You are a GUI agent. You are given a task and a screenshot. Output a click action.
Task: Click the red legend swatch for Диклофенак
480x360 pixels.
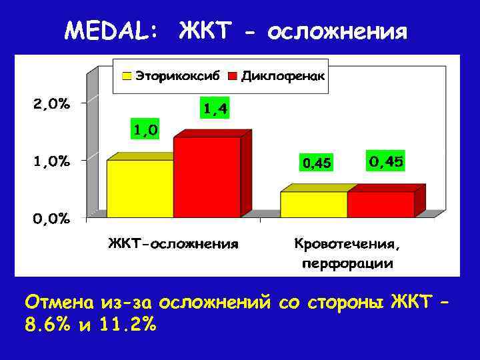tap(233, 76)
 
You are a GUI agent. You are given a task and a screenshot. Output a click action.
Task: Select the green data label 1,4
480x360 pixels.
tap(214, 108)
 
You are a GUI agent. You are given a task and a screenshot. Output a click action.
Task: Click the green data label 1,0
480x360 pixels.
tap(145, 130)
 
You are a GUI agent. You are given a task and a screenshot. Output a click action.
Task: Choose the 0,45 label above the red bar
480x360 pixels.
tap(385, 161)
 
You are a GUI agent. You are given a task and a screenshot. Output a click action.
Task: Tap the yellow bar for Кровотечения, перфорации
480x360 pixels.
tap(313, 204)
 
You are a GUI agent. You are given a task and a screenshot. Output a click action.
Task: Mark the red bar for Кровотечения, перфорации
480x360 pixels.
tap(380, 204)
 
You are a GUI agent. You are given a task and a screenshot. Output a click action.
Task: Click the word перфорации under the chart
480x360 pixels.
tap(347, 263)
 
